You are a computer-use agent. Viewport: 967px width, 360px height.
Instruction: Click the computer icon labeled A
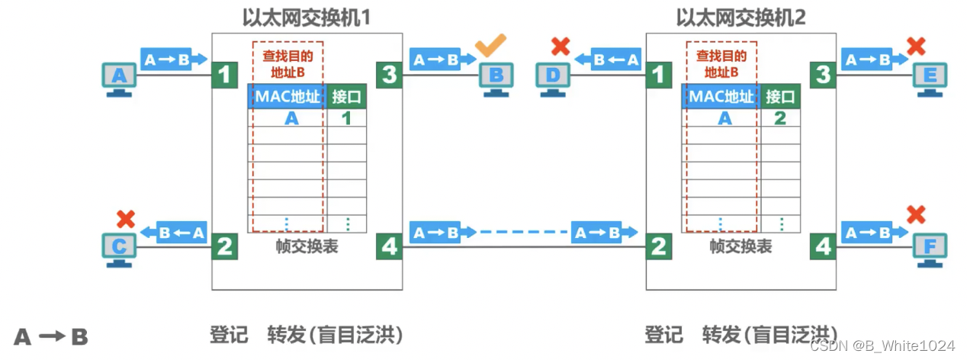click(119, 78)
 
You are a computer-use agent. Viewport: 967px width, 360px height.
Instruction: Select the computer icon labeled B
click(496, 78)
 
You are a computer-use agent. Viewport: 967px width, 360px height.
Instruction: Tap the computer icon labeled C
click(119, 248)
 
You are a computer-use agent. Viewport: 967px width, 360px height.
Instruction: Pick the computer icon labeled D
click(552, 78)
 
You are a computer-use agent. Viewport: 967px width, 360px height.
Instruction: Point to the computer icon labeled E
click(930, 78)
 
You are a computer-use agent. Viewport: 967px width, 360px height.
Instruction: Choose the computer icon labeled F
click(930, 248)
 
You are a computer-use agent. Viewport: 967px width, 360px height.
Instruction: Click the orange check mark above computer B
click(491, 47)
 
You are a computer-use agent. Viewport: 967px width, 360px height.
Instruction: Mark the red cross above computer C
click(126, 218)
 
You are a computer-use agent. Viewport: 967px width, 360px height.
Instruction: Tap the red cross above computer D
click(561, 47)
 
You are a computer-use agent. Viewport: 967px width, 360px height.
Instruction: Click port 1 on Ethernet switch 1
click(224, 75)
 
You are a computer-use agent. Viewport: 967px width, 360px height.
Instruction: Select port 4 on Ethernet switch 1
click(389, 246)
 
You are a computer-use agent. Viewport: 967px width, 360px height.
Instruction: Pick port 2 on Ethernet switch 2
click(658, 246)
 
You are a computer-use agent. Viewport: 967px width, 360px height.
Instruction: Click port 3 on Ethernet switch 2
click(822, 75)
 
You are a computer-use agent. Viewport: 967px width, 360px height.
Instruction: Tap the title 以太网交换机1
click(306, 18)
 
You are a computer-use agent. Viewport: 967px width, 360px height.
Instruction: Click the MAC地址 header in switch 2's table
click(721, 97)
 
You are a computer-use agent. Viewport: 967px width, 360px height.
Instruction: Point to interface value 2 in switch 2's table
click(780, 118)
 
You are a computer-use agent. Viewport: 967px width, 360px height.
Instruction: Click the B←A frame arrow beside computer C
click(181, 232)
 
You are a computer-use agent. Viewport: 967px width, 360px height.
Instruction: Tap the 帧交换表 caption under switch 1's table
click(307, 246)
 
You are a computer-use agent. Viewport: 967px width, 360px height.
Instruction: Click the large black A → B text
click(51, 337)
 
